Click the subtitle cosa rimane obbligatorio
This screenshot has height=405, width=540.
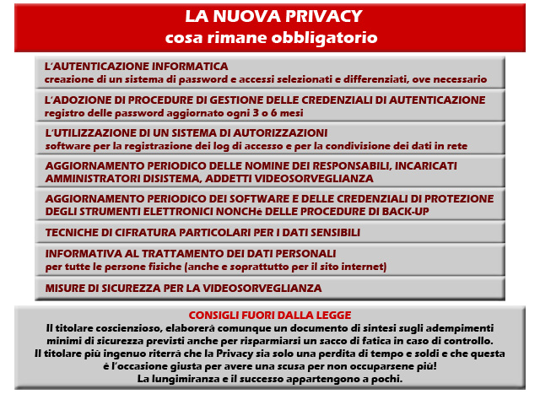point(270,38)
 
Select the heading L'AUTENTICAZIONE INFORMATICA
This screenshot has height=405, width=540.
point(137,66)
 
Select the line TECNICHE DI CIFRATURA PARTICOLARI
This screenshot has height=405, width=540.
point(202,232)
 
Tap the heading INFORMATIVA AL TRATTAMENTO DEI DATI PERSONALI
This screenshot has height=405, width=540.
point(191,254)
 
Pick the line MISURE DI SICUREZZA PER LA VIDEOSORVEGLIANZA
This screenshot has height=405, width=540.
point(183,289)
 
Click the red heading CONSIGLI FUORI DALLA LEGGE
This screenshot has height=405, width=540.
point(270,315)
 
